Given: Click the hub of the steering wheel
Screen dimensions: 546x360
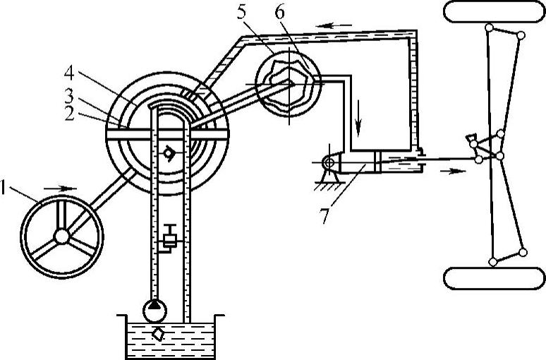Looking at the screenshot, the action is click(x=62, y=235).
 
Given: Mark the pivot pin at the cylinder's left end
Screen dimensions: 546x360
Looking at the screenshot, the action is click(x=327, y=162).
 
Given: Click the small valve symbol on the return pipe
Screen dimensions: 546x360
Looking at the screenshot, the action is click(x=169, y=240).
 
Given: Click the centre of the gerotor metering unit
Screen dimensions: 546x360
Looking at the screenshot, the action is click(x=290, y=84).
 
